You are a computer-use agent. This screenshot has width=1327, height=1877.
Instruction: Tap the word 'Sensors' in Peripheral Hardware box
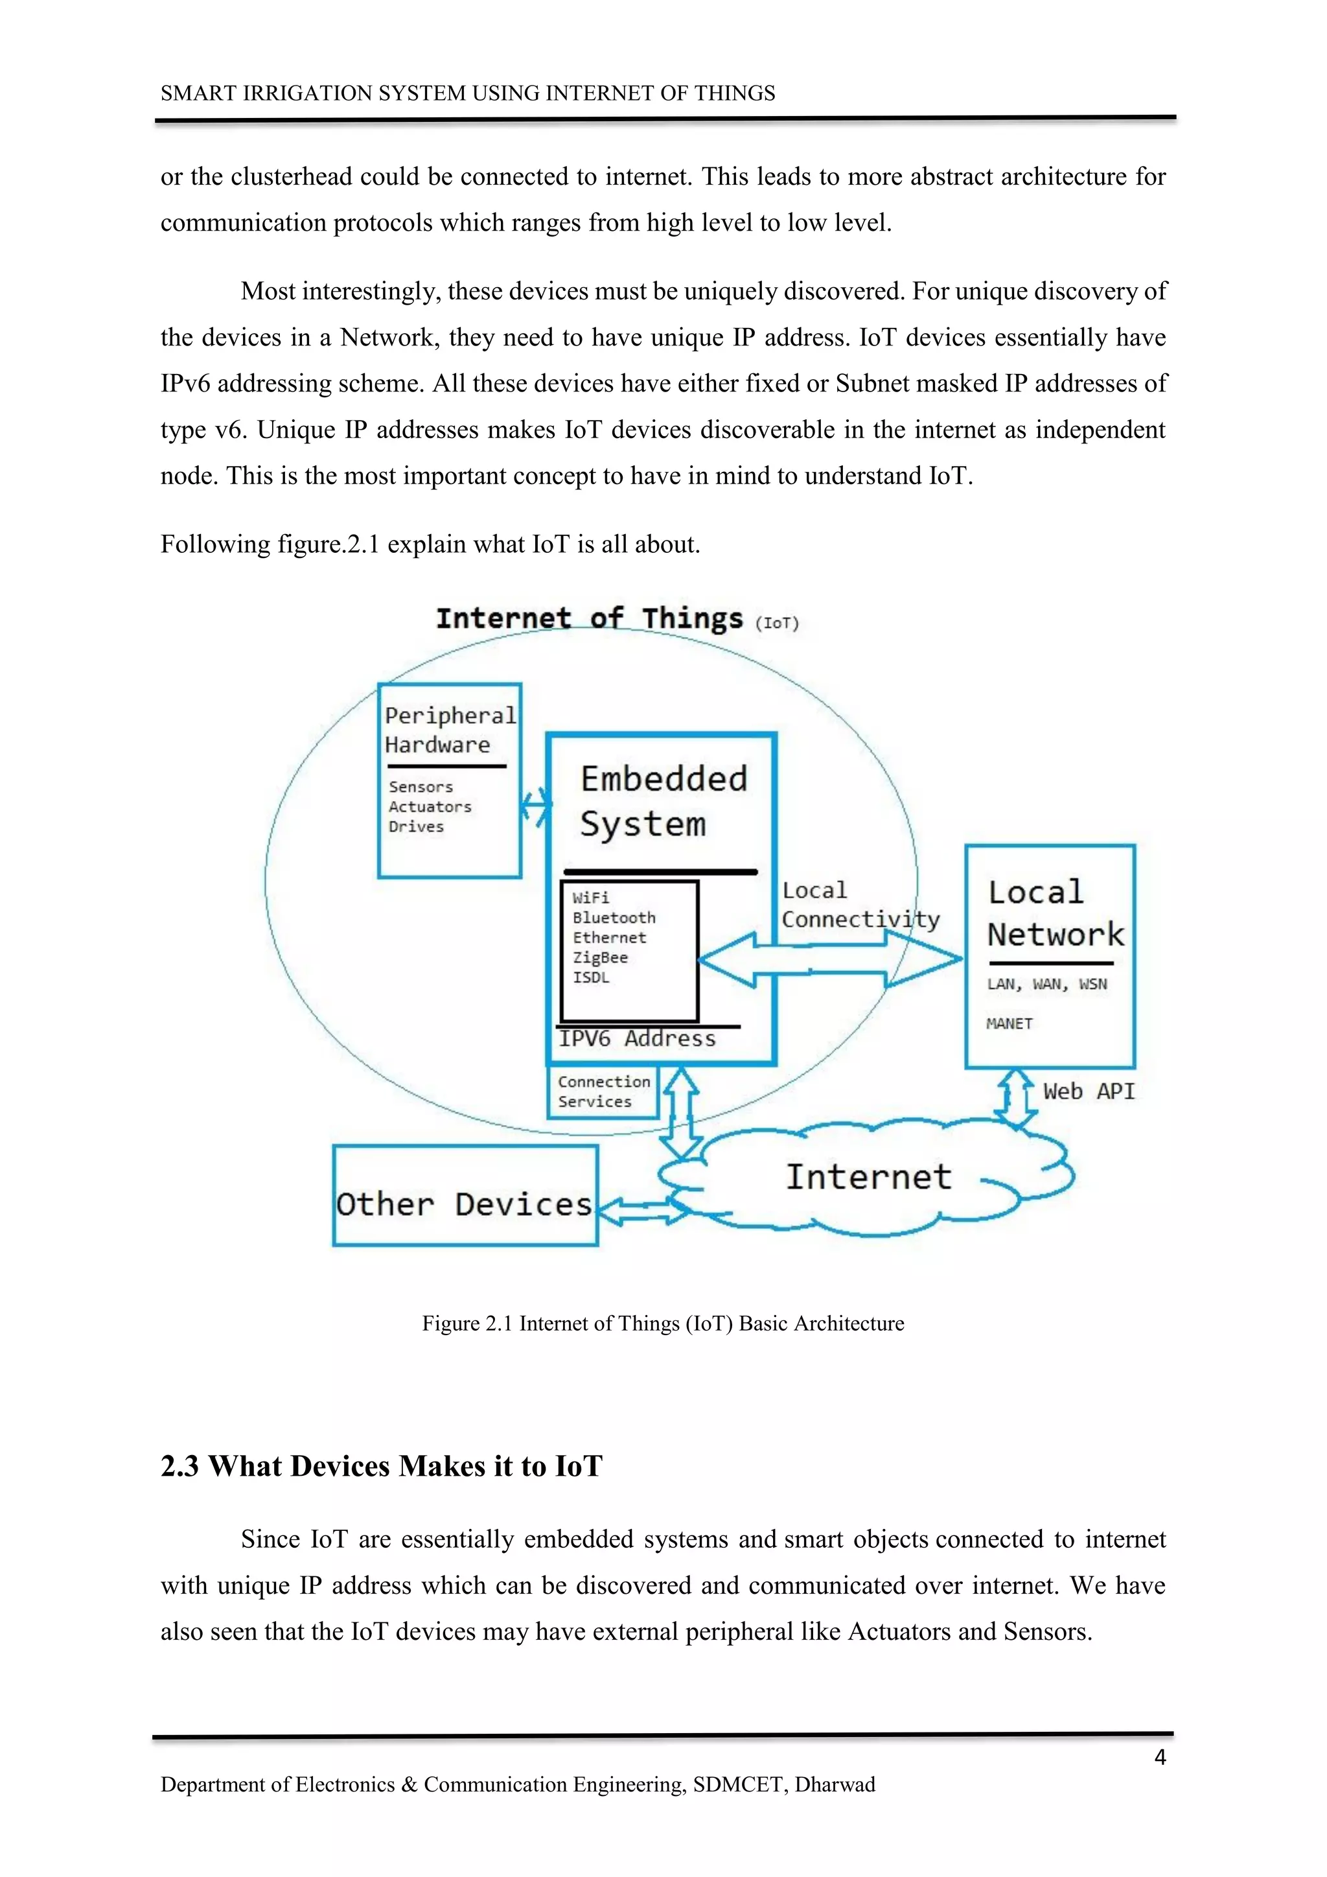click(x=420, y=786)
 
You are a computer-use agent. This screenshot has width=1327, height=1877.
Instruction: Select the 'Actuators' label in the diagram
click(x=430, y=807)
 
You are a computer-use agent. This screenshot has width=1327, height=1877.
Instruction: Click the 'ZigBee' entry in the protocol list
click(x=600, y=957)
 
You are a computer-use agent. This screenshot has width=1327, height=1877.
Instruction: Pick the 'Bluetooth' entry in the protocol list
click(x=614, y=917)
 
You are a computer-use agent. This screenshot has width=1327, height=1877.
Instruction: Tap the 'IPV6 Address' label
click(x=638, y=1038)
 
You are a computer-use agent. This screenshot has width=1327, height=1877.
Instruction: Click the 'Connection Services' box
click(x=603, y=1091)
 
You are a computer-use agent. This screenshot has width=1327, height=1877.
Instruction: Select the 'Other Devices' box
click(x=465, y=1204)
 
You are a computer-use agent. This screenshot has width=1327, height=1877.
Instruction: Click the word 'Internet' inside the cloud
click(x=869, y=1177)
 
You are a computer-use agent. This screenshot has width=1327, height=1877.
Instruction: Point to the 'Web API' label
click(x=1089, y=1091)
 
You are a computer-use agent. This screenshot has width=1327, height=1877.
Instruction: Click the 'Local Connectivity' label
click(x=860, y=905)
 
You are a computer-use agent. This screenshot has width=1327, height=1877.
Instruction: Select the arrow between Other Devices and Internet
click(x=642, y=1210)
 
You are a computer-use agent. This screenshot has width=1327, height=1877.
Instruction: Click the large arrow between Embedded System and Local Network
click(x=829, y=960)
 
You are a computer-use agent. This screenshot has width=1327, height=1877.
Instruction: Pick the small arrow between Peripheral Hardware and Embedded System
click(x=535, y=808)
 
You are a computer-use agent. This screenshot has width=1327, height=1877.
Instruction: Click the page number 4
click(x=1159, y=1758)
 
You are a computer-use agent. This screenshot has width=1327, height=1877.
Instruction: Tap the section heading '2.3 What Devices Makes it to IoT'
click(x=381, y=1466)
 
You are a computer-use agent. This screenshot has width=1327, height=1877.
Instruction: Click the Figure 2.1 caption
click(x=663, y=1323)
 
